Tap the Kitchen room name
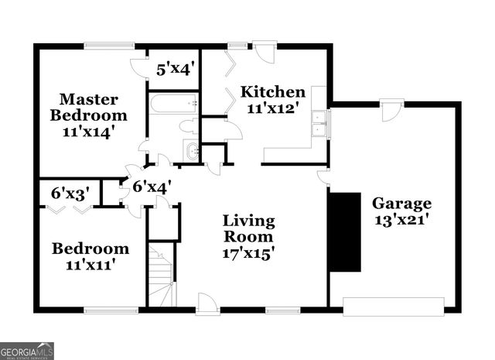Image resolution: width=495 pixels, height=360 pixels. [266, 91]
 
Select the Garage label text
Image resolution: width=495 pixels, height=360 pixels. [401, 203]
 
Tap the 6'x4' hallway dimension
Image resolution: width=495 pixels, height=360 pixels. [151, 187]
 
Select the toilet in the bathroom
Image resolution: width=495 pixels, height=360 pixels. [189, 125]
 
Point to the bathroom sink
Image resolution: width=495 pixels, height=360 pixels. [191, 150]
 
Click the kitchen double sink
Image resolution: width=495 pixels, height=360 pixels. [318, 122]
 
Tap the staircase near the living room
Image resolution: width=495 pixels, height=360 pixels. [162, 275]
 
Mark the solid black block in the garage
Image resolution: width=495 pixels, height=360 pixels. [345, 231]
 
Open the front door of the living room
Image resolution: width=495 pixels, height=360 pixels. [207, 304]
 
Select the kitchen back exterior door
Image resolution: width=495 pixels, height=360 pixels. [264, 53]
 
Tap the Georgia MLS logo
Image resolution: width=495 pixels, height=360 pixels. [27, 351]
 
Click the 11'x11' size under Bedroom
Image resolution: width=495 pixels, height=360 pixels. [89, 265]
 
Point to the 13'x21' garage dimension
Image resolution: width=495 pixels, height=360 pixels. [401, 220]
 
